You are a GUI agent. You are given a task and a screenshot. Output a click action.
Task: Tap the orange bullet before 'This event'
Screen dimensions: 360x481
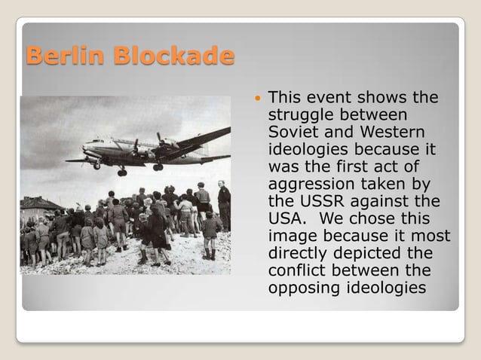click(x=259, y=99)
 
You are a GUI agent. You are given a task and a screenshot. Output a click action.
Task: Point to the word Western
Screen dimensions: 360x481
click(x=384, y=131)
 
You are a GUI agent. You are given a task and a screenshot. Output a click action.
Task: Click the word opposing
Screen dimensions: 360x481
click(x=299, y=288)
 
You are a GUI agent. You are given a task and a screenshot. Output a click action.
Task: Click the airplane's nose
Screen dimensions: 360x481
click(x=84, y=145)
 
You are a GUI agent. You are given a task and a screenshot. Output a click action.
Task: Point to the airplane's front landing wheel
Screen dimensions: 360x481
click(x=97, y=165)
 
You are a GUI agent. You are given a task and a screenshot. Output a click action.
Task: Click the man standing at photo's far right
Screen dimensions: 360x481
click(x=224, y=205)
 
